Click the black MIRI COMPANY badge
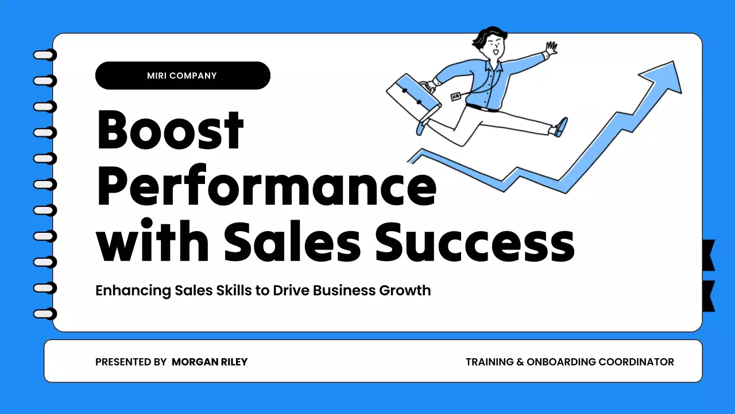click(x=183, y=75)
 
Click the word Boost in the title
click(x=171, y=130)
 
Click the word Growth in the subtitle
click(x=405, y=290)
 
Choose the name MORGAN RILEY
click(x=210, y=362)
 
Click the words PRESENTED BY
click(x=131, y=362)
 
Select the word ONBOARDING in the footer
click(x=561, y=362)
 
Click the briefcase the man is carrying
click(x=413, y=93)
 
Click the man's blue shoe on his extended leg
click(x=560, y=127)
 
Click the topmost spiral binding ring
click(x=45, y=55)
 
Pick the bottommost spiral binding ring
click(x=45, y=314)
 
